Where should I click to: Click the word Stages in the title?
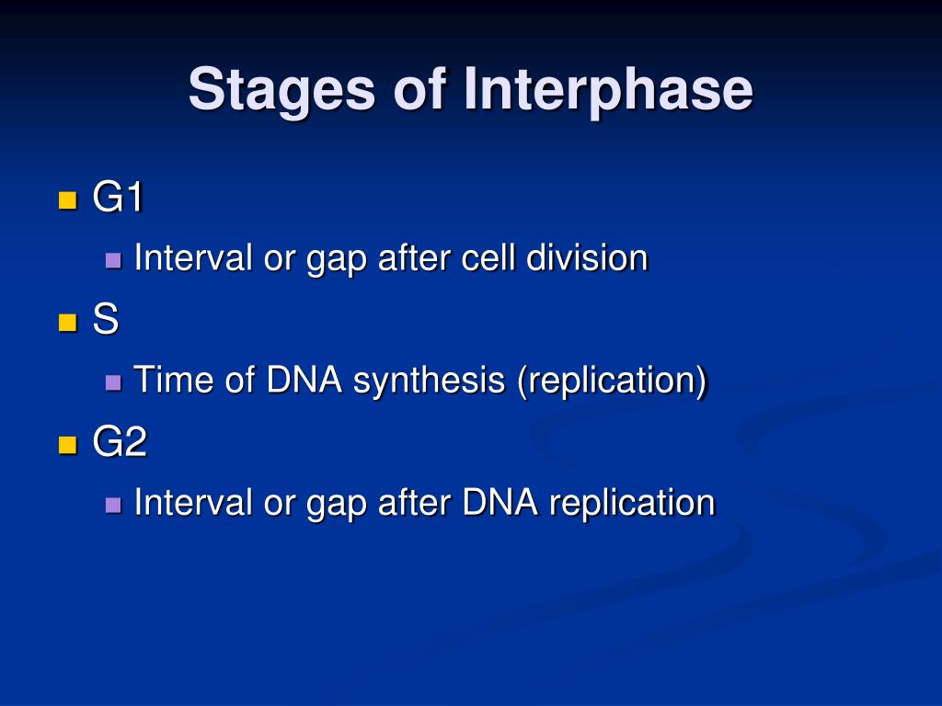pos(281,91)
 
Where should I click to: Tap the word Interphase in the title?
pos(608,90)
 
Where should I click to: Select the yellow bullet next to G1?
pos(68,200)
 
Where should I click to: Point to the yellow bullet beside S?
pos(68,323)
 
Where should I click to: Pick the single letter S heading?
pos(106,318)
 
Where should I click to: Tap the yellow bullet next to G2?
pos(68,445)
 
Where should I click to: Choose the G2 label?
pos(120,441)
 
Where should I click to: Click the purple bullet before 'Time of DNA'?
pos(113,382)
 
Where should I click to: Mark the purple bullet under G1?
pos(113,260)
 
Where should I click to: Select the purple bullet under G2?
pos(113,505)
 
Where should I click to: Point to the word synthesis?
pos(429,381)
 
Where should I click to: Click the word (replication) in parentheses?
pos(612,381)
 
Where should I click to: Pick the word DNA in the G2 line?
pos(500,502)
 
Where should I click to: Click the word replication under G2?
pos(632,503)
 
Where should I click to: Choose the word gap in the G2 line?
pos(337,506)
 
